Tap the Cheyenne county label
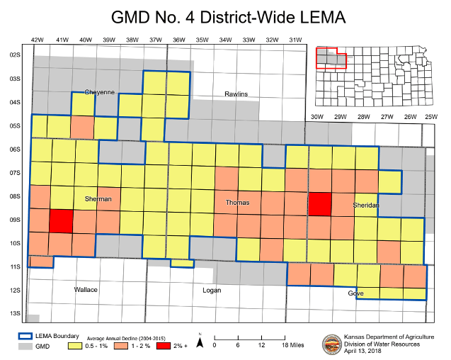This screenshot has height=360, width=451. click(99, 92)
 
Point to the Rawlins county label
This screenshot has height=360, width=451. click(236, 94)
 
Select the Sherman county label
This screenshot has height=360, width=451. click(98, 199)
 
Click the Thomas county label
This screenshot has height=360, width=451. click(237, 203)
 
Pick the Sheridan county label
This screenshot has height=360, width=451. click(367, 205)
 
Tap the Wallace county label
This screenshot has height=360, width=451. click(86, 290)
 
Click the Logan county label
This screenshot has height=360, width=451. click(211, 290)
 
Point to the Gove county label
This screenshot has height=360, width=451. click(355, 293)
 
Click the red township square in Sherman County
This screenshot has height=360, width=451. click(61, 220)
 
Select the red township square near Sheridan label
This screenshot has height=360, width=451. click(320, 204)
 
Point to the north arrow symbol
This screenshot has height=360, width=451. click(201, 342)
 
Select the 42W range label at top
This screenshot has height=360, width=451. click(38, 40)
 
